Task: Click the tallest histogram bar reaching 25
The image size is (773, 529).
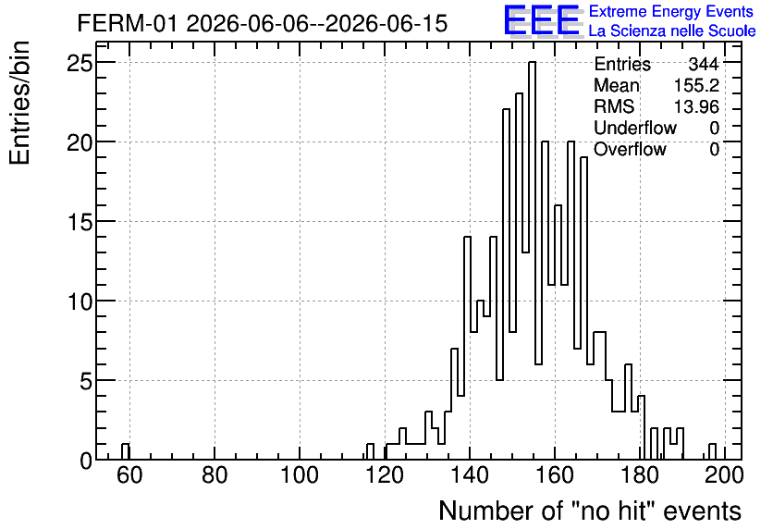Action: tap(532, 261)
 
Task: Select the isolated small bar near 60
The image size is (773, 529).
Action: tap(125, 451)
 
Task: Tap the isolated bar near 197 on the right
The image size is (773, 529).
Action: tap(712, 451)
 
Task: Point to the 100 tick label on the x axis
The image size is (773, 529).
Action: tap(300, 475)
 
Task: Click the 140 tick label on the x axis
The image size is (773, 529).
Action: tap(470, 475)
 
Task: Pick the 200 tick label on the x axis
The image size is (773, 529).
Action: tap(724, 475)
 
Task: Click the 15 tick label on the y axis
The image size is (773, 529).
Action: tap(80, 222)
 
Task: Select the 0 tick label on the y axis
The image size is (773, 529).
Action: tap(86, 461)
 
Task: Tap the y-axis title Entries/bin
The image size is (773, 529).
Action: tap(20, 103)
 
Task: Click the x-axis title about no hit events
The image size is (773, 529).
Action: tap(590, 511)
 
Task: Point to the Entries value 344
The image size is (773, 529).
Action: tap(704, 64)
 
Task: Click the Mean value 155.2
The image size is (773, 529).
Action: tap(696, 85)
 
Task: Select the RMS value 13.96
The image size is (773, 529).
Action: tap(696, 106)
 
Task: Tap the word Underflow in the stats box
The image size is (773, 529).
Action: tap(635, 128)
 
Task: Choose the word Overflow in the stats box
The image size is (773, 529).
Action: tap(630, 149)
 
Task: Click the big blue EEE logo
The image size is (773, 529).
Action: tap(543, 20)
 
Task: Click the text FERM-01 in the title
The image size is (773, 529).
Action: tap(127, 23)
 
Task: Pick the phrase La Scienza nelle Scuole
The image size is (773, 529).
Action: tap(672, 31)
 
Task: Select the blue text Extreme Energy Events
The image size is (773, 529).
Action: tap(671, 11)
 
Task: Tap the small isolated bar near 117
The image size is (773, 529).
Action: tap(370, 451)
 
